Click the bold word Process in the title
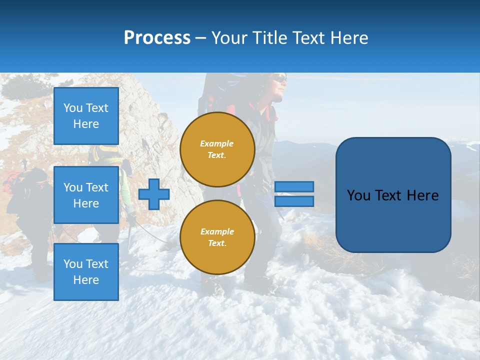click(x=157, y=37)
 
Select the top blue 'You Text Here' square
click(x=86, y=116)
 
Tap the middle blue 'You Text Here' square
click(x=86, y=195)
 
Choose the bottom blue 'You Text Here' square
click(x=86, y=272)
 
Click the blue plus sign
click(x=153, y=194)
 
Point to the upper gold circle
click(x=217, y=149)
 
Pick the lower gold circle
click(x=217, y=237)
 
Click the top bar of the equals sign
click(x=294, y=186)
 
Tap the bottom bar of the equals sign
click(x=294, y=201)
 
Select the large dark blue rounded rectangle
click(x=393, y=195)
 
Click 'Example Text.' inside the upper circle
click(x=217, y=149)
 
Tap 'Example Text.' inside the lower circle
click(x=217, y=237)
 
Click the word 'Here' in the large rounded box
click(x=422, y=195)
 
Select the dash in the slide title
click(x=201, y=38)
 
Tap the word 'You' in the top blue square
click(x=72, y=108)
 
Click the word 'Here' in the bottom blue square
click(x=86, y=280)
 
